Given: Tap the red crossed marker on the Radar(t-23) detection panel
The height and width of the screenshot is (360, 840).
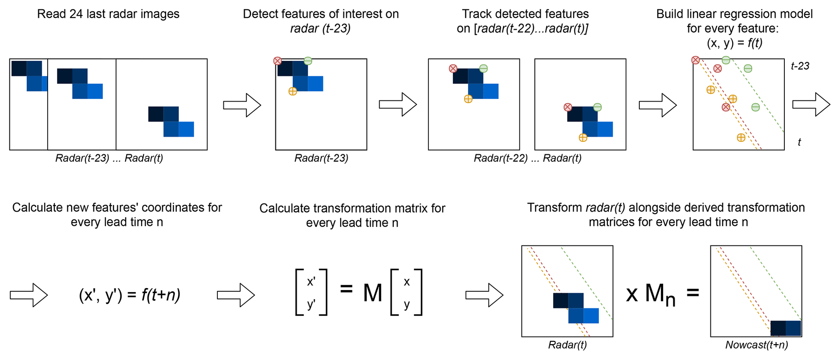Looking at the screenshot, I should pyautogui.click(x=278, y=61).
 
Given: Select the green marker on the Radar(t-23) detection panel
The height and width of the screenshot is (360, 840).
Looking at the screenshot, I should pyautogui.click(x=308, y=61).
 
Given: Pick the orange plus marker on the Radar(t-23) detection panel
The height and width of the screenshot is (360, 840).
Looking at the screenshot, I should pyautogui.click(x=293, y=91).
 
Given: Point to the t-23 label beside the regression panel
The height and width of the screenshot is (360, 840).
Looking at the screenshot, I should pyautogui.click(x=800, y=66).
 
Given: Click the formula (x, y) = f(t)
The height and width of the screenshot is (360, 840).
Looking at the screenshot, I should pyautogui.click(x=734, y=43).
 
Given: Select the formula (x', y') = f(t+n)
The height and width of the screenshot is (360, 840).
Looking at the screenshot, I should pyautogui.click(x=129, y=295).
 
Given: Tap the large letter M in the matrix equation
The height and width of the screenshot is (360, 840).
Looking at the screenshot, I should pyautogui.click(x=372, y=293).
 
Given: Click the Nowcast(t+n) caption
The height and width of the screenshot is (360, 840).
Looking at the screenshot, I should pyautogui.click(x=756, y=345).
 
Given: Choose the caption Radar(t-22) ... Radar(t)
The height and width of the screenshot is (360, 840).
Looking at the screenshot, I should pyautogui.click(x=527, y=158).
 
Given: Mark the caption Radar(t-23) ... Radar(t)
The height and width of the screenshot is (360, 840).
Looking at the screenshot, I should pyautogui.click(x=109, y=158).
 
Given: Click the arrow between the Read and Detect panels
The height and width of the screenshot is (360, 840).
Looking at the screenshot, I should pyautogui.click(x=242, y=105).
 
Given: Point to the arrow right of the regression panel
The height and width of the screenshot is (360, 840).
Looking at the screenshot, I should pyautogui.click(x=811, y=104).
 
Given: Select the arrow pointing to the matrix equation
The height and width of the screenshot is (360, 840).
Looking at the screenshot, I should pyautogui.click(x=236, y=295).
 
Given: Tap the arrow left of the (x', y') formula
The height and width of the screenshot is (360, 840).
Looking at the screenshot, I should pyautogui.click(x=29, y=295).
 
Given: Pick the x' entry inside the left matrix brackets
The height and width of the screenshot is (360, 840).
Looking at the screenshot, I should pyautogui.click(x=311, y=282).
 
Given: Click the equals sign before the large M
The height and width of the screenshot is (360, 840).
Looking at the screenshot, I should pyautogui.click(x=346, y=289).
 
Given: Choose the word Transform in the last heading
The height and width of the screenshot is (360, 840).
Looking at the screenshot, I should pyautogui.click(x=554, y=208).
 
